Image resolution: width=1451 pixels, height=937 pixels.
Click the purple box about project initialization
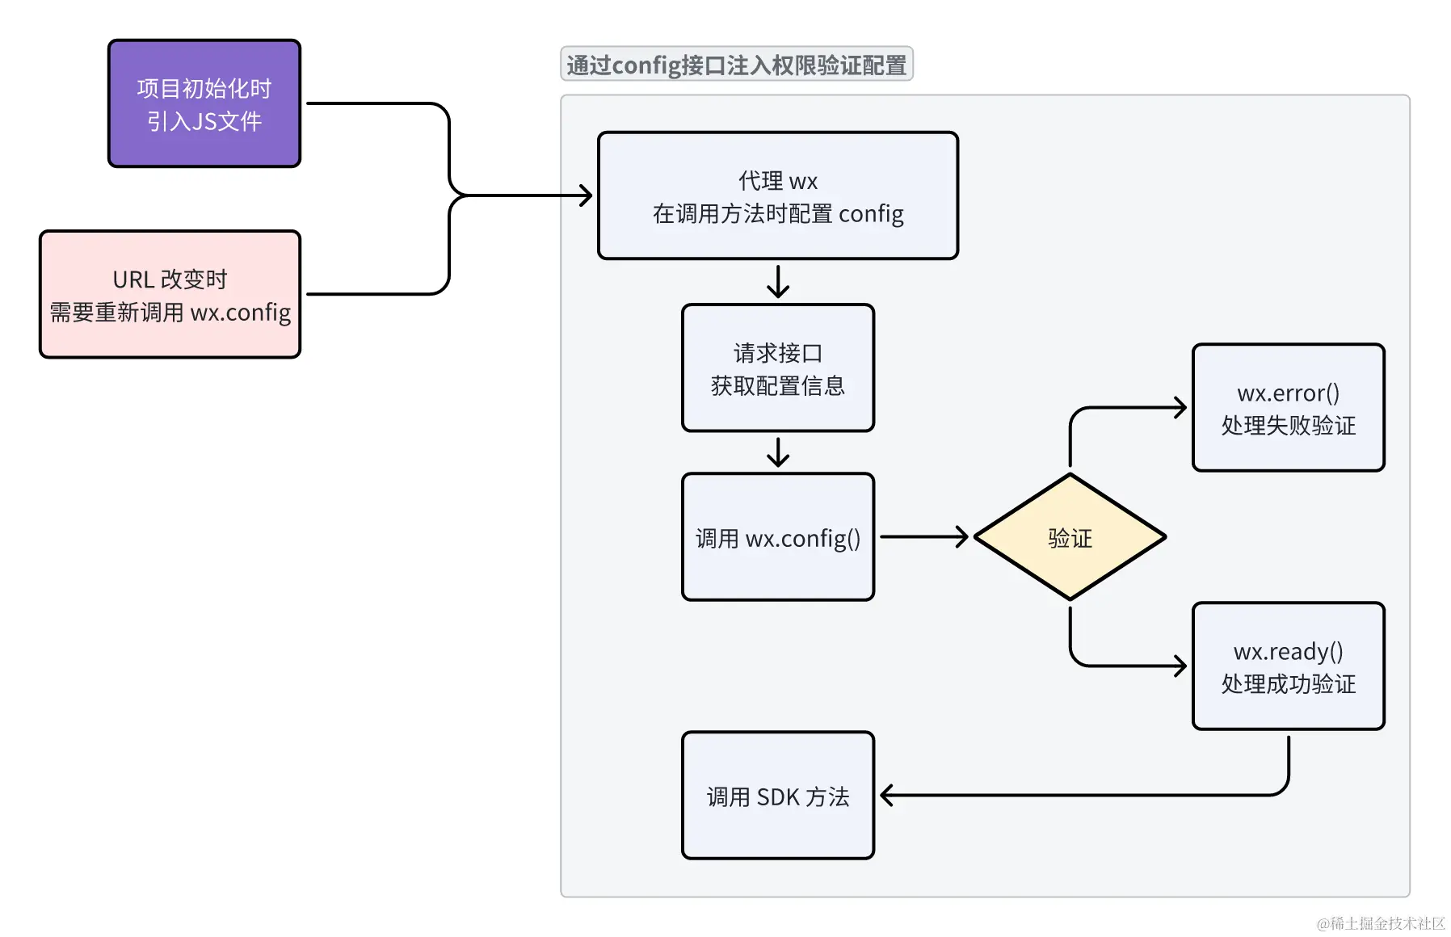pyautogui.click(x=204, y=103)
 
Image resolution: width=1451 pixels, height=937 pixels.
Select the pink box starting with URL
pyautogui.click(x=170, y=294)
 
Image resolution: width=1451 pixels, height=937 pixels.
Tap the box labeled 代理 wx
pyautogui.click(x=777, y=195)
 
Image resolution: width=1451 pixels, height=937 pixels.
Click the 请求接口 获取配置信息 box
pyautogui.click(x=777, y=368)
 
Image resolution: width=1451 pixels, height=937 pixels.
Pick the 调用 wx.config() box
pyautogui.click(x=777, y=537)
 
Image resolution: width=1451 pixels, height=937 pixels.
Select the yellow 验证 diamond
pyautogui.click(x=1070, y=537)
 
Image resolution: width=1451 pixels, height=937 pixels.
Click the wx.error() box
pyautogui.click(x=1288, y=408)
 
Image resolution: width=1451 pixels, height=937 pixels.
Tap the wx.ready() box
pyautogui.click(x=1288, y=666)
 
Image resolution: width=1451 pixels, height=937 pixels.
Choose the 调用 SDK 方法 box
pyautogui.click(x=777, y=796)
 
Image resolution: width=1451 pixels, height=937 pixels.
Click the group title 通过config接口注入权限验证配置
pyautogui.click(x=736, y=65)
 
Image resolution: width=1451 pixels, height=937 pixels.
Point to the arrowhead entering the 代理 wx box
pyautogui.click(x=587, y=195)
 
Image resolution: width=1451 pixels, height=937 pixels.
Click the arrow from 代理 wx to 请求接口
pyautogui.click(x=778, y=282)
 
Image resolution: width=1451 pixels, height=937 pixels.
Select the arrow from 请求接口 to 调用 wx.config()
pyautogui.click(x=778, y=452)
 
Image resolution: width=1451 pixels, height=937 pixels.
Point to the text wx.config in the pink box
pyautogui.click(x=240, y=313)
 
